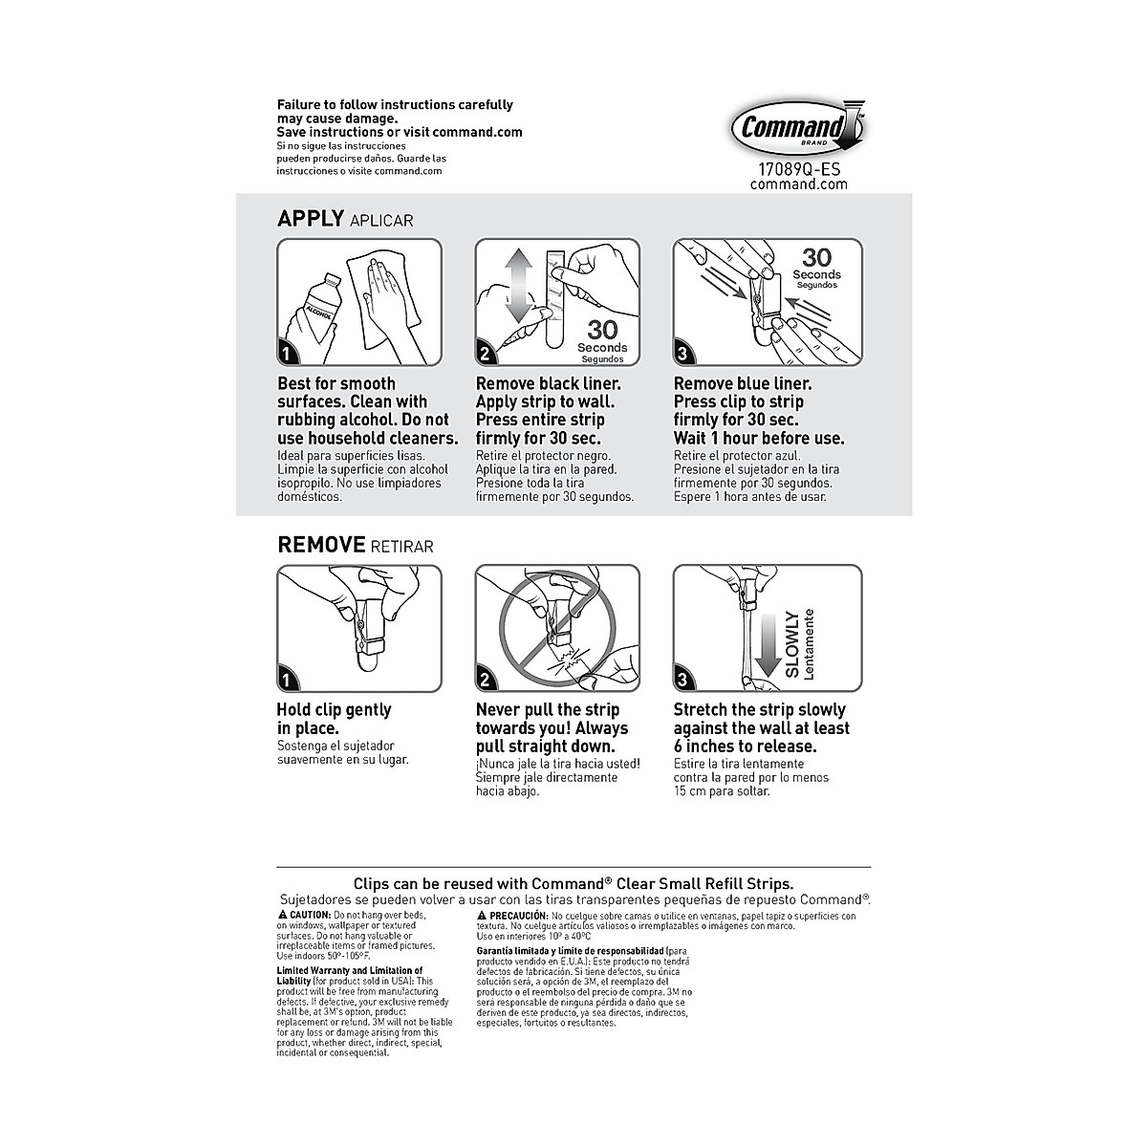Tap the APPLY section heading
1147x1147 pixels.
(x=310, y=219)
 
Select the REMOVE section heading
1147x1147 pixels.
(x=321, y=545)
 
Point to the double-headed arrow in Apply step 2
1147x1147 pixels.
(x=517, y=286)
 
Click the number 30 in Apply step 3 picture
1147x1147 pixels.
(x=816, y=257)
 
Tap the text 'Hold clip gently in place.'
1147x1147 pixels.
(x=334, y=719)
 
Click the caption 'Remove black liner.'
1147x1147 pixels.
(x=548, y=383)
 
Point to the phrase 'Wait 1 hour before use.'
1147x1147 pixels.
(x=759, y=439)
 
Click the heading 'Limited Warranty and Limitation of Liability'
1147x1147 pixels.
(x=348, y=975)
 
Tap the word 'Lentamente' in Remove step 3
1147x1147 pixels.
(x=810, y=643)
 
